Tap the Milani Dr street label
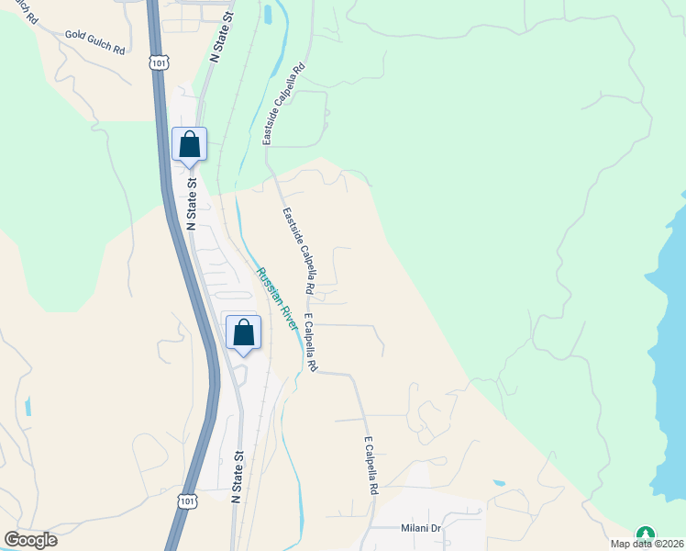[421, 528]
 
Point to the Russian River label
[277, 298]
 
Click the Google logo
[30, 540]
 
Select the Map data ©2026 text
[648, 545]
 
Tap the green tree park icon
[646, 534]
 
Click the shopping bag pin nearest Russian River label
[243, 332]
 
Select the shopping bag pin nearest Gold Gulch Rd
[189, 145]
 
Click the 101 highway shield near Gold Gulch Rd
[159, 63]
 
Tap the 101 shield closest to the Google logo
[186, 500]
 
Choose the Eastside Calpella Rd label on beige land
[299, 250]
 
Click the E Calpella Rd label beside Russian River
[310, 344]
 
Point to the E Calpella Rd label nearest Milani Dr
[371, 466]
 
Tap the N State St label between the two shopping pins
[192, 204]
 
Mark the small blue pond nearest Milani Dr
[498, 482]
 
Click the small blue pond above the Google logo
[28, 405]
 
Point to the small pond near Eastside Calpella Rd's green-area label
[267, 15]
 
